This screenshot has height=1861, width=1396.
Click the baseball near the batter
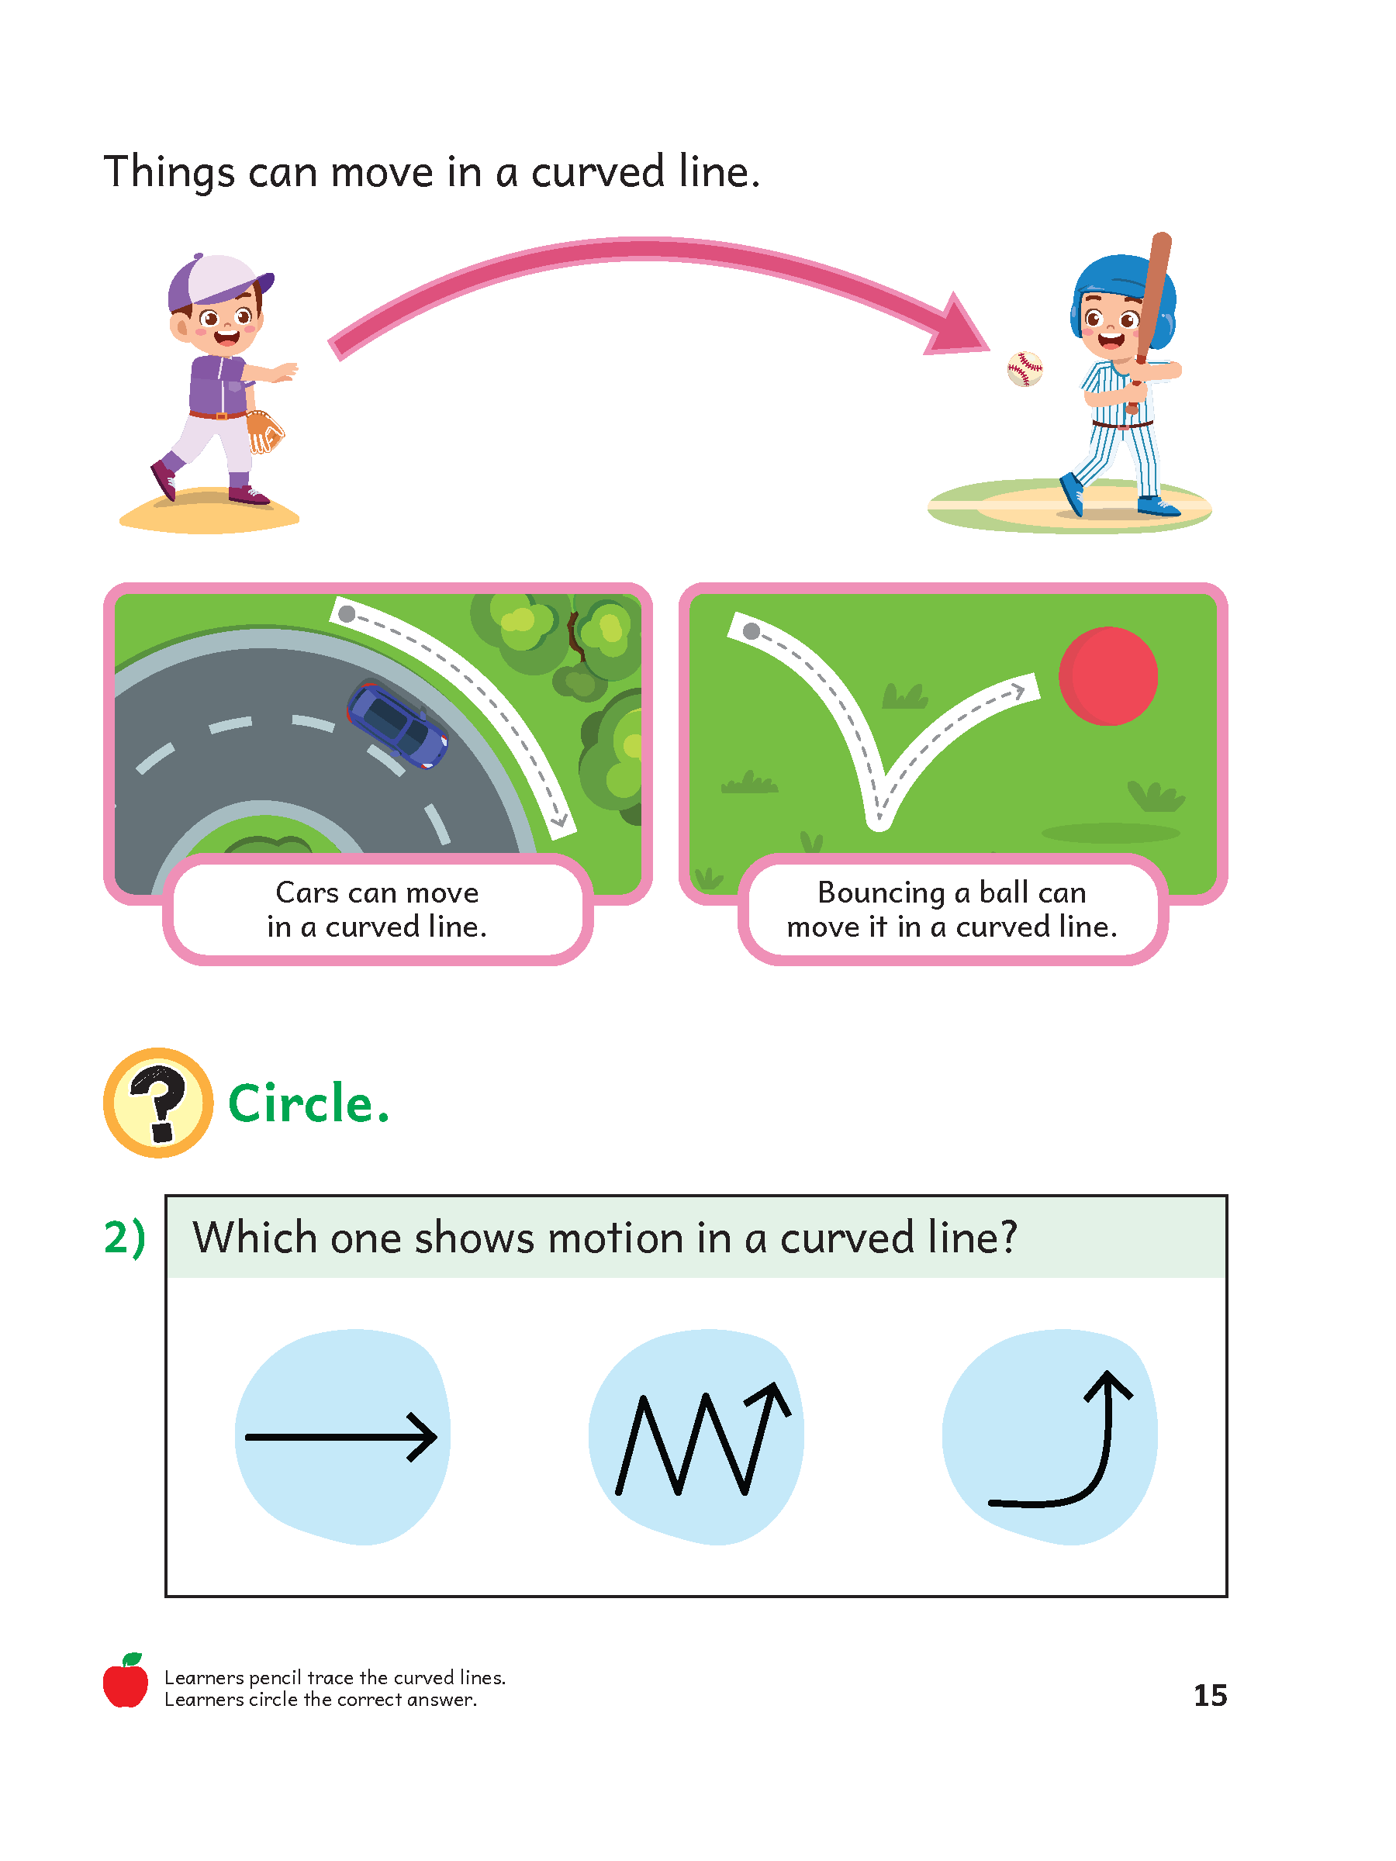click(1024, 368)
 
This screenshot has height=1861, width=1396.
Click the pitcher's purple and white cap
click(217, 280)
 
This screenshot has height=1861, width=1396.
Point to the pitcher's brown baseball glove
click(265, 431)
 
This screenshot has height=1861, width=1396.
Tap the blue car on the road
click(397, 724)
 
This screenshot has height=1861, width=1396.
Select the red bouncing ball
click(1107, 675)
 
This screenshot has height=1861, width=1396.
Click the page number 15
click(1209, 1694)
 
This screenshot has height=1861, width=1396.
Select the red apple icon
click(126, 1682)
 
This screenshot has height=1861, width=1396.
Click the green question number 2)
click(125, 1238)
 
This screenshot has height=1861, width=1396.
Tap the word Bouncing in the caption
click(880, 893)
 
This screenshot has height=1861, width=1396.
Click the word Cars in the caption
click(306, 892)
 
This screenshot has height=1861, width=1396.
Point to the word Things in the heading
click(168, 172)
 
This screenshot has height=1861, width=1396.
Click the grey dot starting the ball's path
click(752, 631)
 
